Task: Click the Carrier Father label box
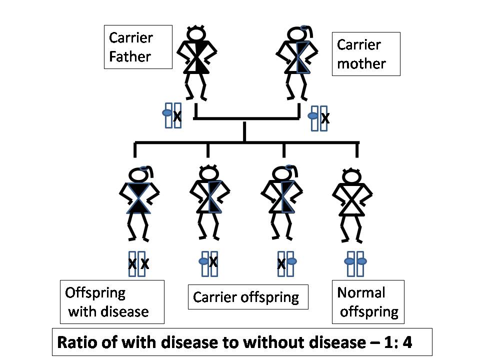coord(138,47)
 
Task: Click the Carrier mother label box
coord(366,54)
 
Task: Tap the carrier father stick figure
coord(196,62)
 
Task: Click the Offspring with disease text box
coord(111,302)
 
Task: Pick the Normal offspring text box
coord(368,302)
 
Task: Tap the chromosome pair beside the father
coord(173,115)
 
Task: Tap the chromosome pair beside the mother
coord(319,118)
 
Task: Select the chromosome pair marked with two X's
coord(138,263)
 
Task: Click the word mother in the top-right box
coord(361,63)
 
